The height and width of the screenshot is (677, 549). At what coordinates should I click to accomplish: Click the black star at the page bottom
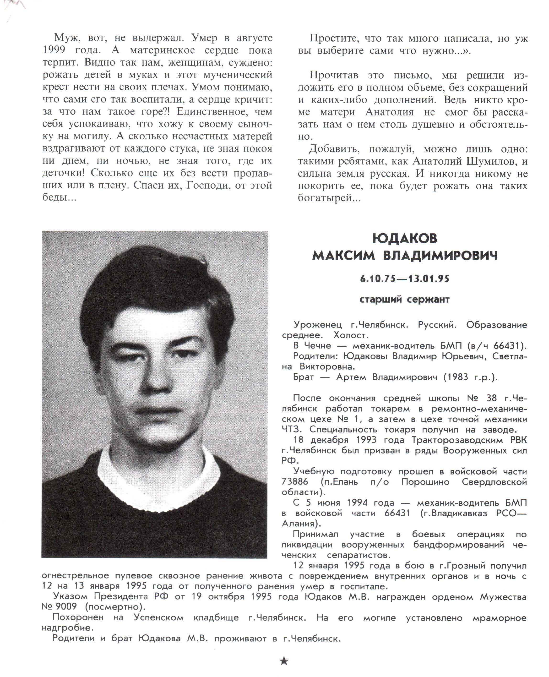[284, 661]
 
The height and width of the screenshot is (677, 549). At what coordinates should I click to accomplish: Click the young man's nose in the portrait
[155, 380]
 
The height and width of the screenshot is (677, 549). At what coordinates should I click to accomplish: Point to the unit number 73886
[295, 482]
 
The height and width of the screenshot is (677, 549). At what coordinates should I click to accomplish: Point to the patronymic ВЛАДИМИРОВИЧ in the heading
[440, 256]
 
